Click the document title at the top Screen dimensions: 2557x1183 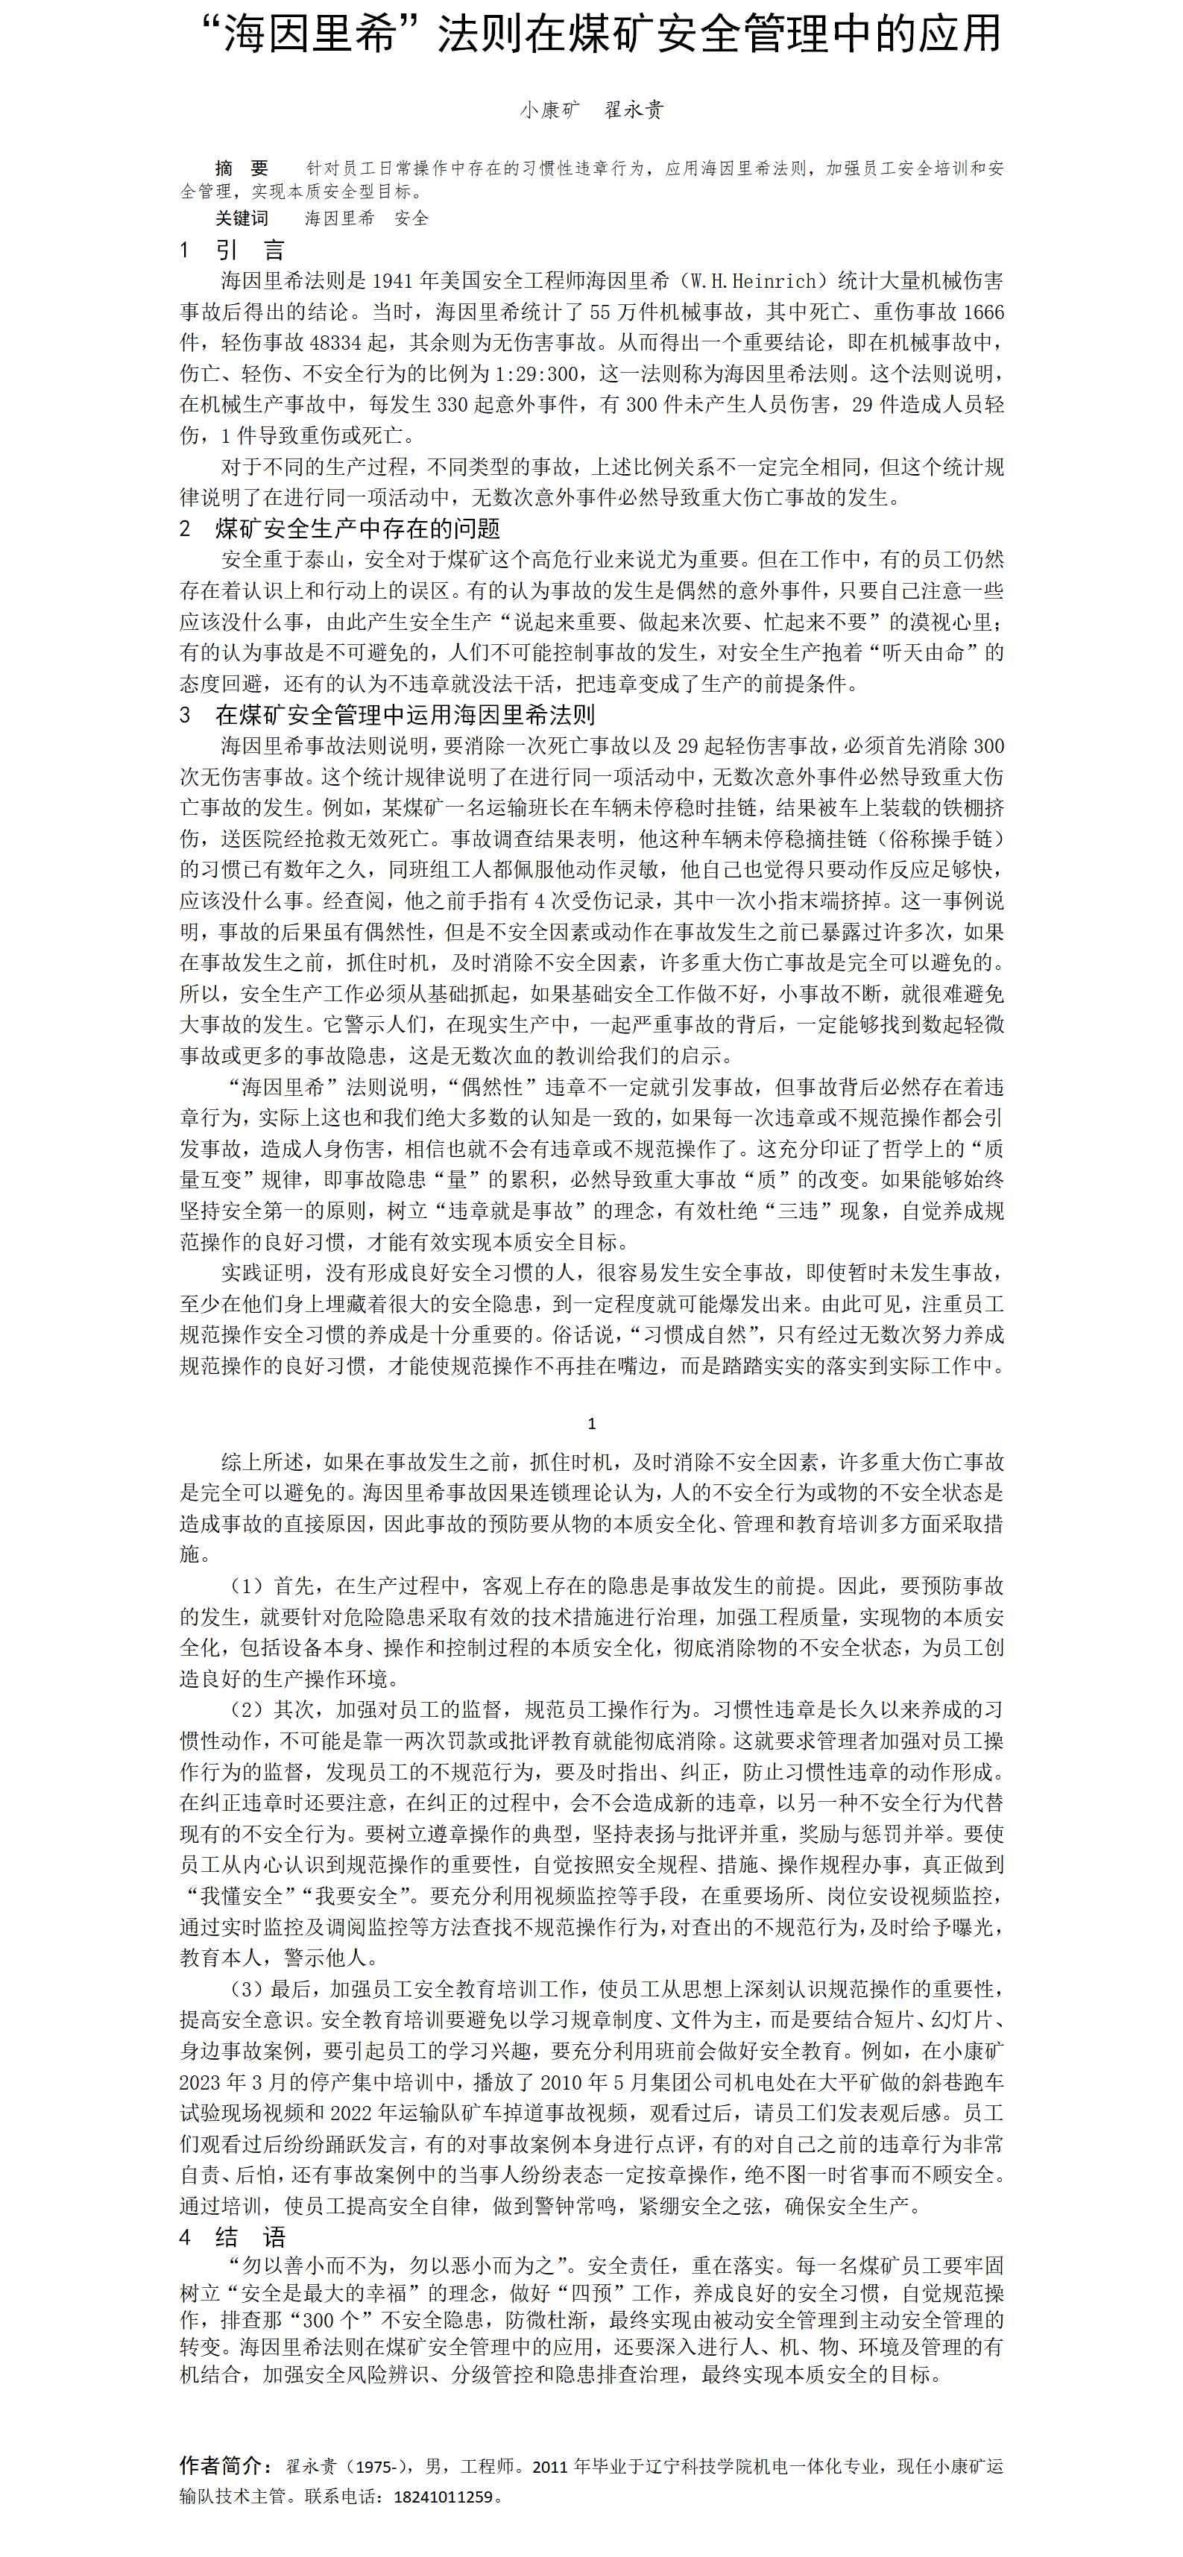click(x=600, y=35)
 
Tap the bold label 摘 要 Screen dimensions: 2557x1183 click(x=242, y=168)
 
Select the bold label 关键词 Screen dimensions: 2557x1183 click(x=242, y=218)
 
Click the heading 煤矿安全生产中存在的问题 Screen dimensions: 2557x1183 click(x=357, y=528)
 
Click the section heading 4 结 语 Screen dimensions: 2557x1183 click(x=233, y=2236)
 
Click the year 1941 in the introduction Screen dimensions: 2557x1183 click(x=394, y=281)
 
